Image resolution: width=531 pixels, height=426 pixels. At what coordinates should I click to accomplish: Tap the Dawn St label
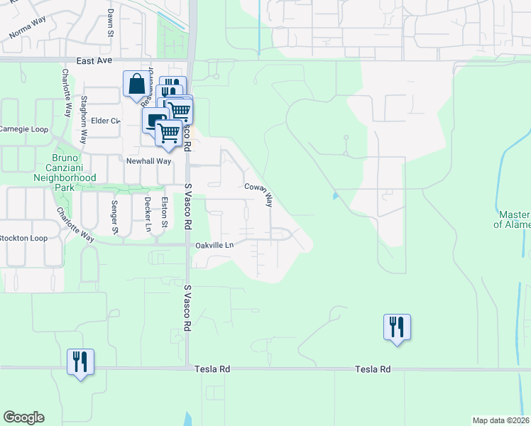[x=111, y=23]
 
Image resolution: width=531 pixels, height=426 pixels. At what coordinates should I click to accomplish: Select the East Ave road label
[x=94, y=61]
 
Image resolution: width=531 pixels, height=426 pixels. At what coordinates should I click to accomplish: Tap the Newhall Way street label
[x=148, y=161]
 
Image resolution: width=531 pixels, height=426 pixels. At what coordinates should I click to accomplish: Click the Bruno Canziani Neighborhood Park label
[x=65, y=173]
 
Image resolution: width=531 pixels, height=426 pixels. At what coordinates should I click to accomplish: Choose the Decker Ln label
[x=148, y=214]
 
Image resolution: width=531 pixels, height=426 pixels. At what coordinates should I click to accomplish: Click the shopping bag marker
[x=135, y=84]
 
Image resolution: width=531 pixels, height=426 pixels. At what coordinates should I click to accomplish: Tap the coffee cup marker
[x=154, y=119]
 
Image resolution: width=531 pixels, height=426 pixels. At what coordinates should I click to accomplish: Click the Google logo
[x=23, y=417]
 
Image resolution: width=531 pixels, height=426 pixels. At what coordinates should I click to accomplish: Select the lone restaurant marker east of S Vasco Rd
[x=397, y=327]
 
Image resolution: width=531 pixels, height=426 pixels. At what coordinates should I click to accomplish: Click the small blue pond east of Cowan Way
[x=333, y=196]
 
